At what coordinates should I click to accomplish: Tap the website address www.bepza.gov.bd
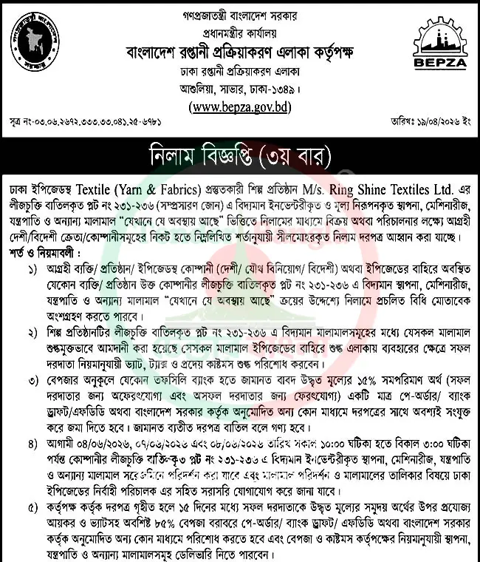[239, 107]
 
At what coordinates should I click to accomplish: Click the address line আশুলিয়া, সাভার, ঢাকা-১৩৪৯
[239, 90]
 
